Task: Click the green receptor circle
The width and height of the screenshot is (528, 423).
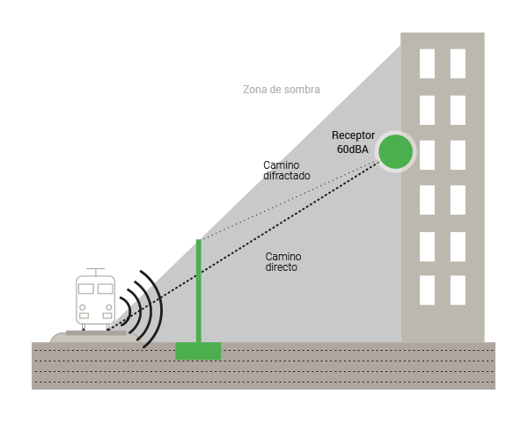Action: click(x=395, y=151)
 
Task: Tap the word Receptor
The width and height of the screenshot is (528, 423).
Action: click(x=353, y=135)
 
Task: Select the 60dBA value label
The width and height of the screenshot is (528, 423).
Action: click(x=353, y=150)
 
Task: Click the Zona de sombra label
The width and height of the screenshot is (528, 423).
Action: click(x=282, y=90)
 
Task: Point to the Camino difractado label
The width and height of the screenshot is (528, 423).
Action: click(x=287, y=171)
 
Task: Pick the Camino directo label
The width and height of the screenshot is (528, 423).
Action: click(x=283, y=262)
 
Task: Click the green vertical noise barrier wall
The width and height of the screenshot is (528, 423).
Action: click(x=199, y=291)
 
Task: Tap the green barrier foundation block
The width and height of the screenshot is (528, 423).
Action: click(x=198, y=351)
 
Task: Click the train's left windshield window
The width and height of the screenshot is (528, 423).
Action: click(x=86, y=288)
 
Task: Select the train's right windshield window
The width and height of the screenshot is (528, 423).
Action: click(x=105, y=288)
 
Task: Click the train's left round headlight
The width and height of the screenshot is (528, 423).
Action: click(x=82, y=307)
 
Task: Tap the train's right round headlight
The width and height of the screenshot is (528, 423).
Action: click(x=109, y=307)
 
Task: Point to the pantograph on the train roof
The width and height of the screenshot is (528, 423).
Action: click(x=96, y=272)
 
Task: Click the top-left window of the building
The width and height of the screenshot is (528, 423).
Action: click(x=427, y=63)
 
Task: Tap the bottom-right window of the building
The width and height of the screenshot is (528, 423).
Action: click(x=458, y=290)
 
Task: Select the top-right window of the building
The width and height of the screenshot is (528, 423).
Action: click(x=458, y=63)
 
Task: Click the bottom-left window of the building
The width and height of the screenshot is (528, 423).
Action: click(x=427, y=290)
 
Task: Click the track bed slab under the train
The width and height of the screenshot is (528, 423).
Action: click(x=96, y=333)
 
